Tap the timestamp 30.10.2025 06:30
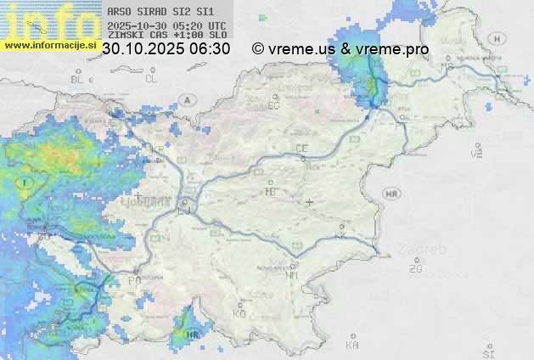tap(166, 49)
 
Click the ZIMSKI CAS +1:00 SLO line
tap(166, 36)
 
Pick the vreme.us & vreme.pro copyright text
tap(340, 49)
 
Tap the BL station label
tap(79, 79)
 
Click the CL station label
tap(151, 79)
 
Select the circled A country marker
tap(187, 99)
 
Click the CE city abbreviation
tap(301, 149)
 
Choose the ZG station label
tap(415, 269)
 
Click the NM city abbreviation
tap(293, 275)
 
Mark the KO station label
tap(239, 313)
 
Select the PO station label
tap(134, 280)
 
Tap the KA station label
tap(351, 346)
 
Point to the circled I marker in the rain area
tap(27, 183)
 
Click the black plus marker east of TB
tap(310, 203)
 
